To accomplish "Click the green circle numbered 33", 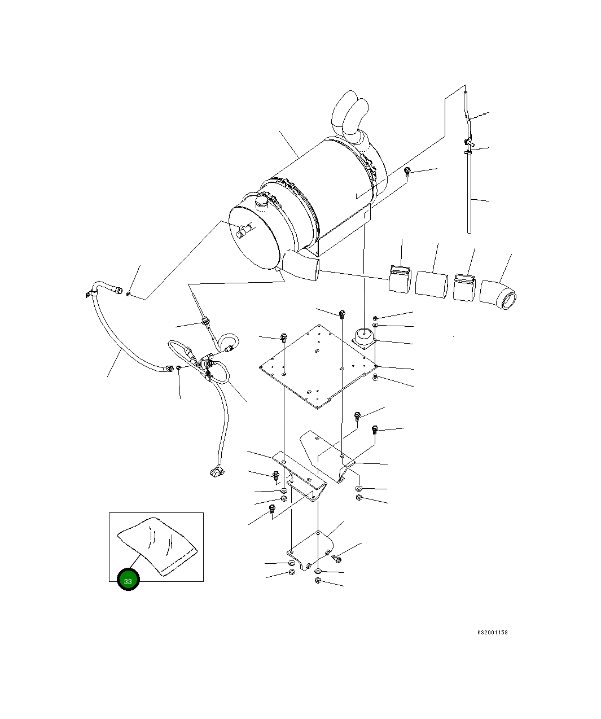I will click(128, 581).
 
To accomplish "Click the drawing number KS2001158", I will click(492, 633).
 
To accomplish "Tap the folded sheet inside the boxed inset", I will click(157, 546).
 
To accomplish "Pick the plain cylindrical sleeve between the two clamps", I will click(432, 283).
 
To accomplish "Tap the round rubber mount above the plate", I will click(364, 338).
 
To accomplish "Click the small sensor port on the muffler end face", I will click(244, 230).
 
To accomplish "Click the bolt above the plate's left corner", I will click(284, 338).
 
